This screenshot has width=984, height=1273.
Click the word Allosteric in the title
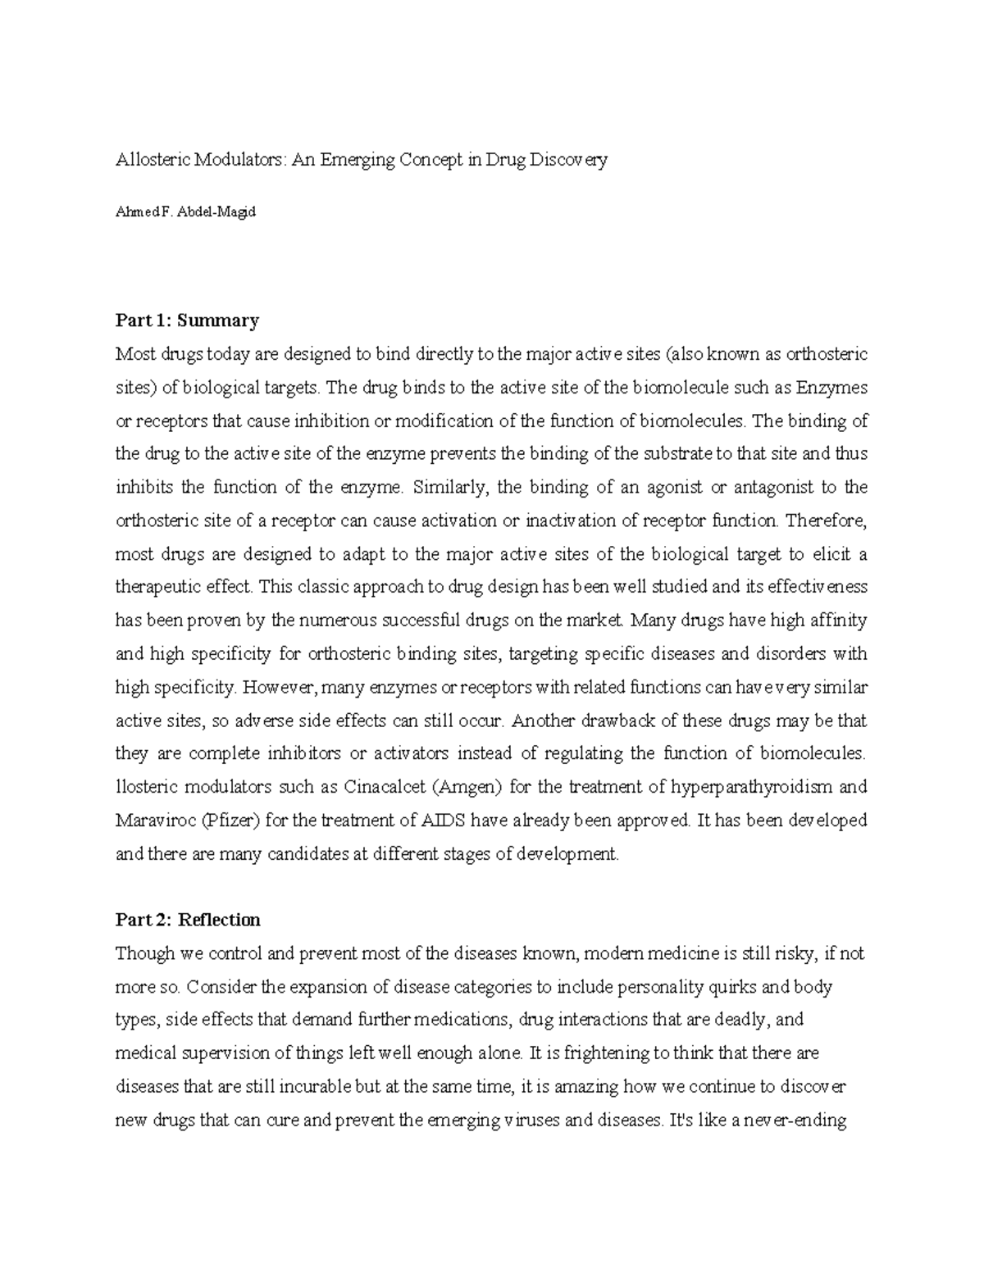click(153, 161)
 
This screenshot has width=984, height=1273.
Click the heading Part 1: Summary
click(187, 320)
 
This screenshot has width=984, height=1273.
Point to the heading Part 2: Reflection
click(188, 920)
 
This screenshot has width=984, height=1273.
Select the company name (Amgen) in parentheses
click(467, 787)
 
